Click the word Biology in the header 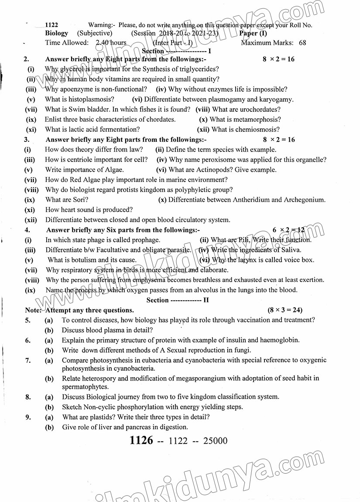click(x=57, y=33)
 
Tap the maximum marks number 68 click(x=302, y=43)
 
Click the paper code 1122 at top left click(x=51, y=25)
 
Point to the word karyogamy click(x=274, y=100)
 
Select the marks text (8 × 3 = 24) click(x=285, y=310)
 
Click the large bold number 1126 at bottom click(x=141, y=440)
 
